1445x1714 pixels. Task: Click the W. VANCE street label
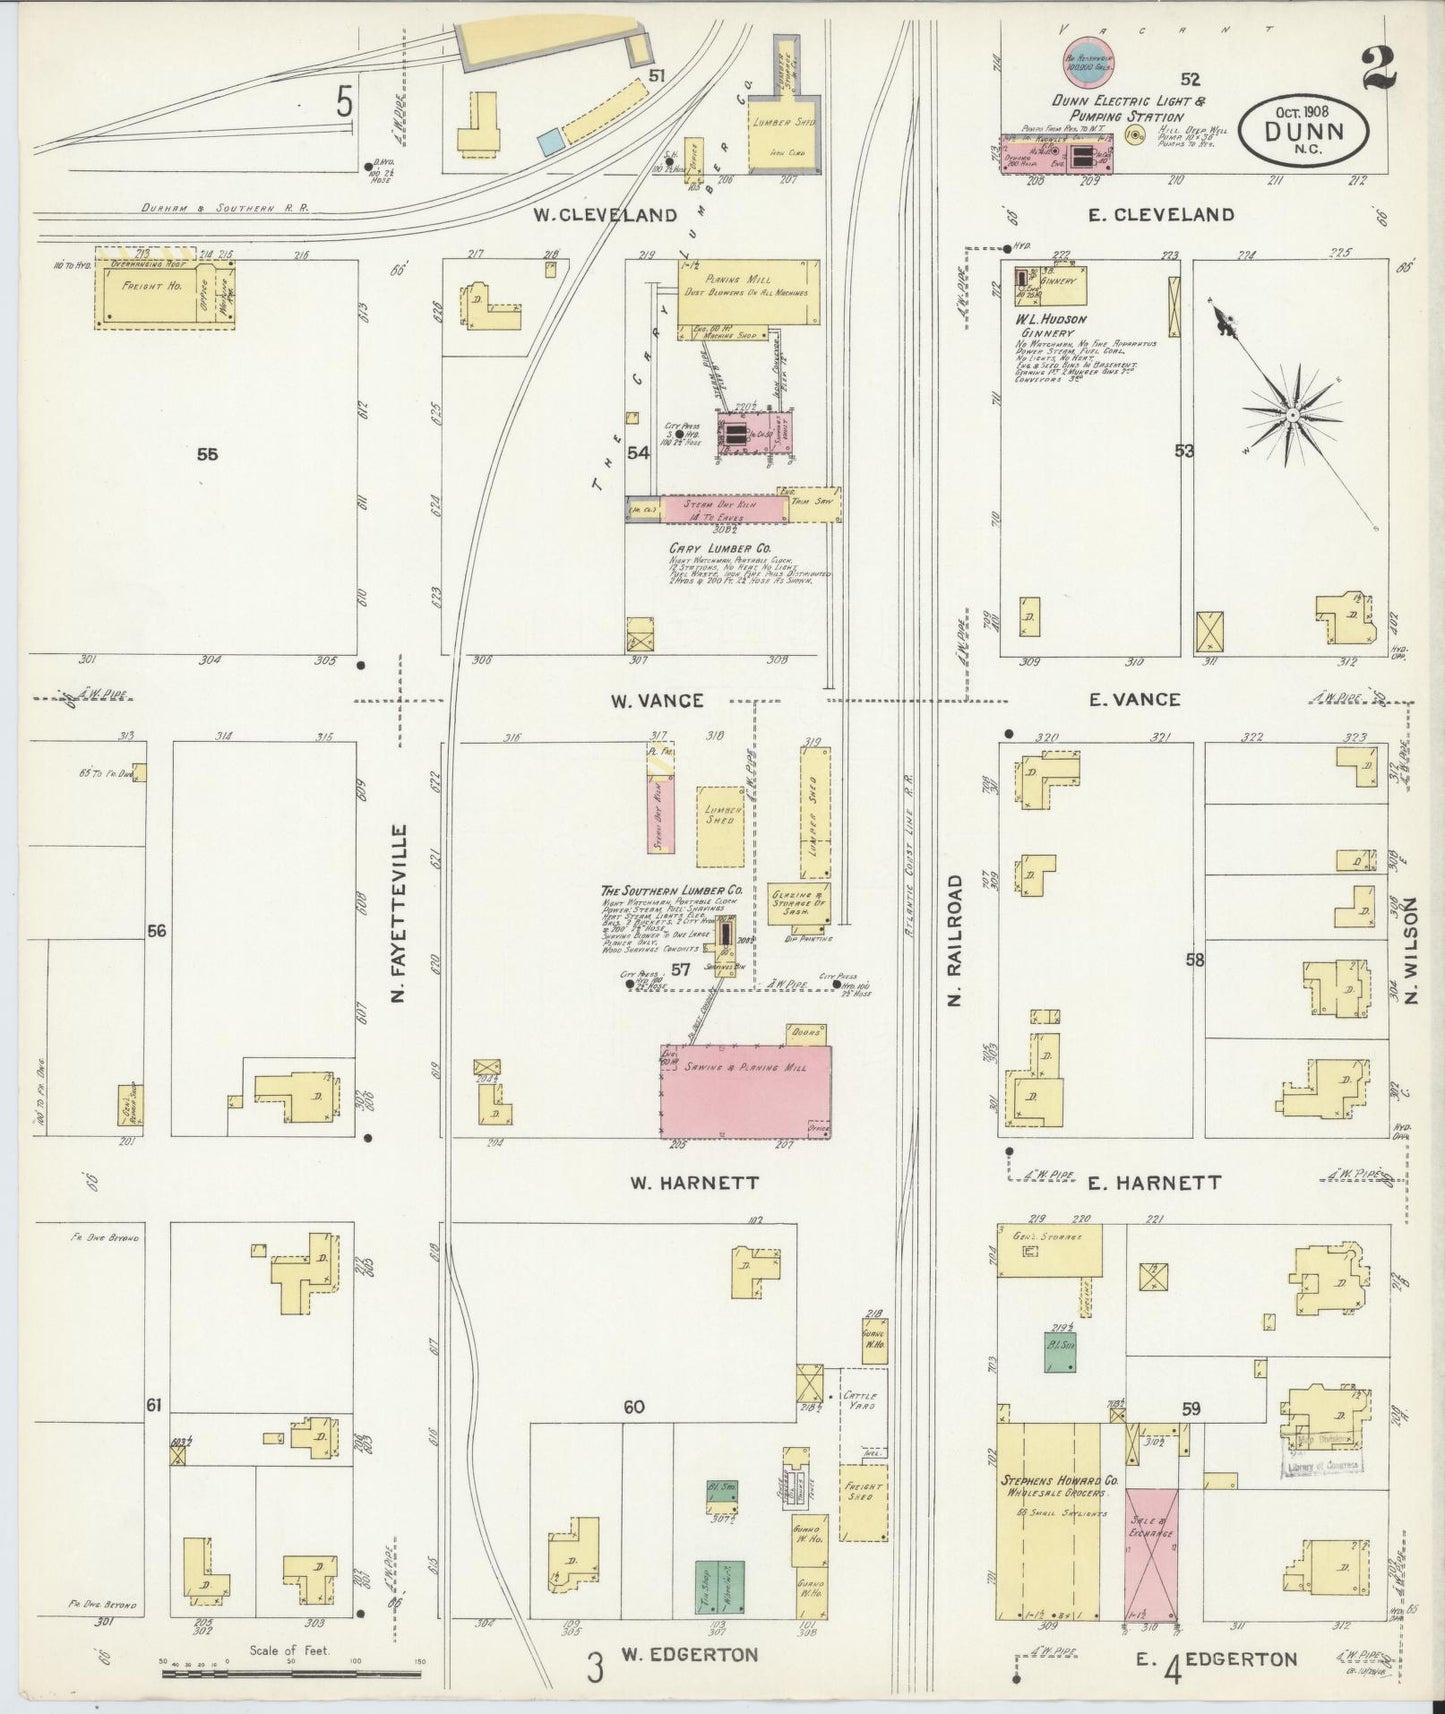tap(657, 701)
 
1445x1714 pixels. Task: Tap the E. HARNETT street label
tap(1154, 1183)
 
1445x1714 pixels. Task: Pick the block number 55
tap(207, 454)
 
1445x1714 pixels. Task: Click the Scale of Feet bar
tap(290, 1672)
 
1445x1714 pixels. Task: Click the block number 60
tap(633, 1407)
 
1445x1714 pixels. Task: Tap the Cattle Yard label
tap(859, 1400)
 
